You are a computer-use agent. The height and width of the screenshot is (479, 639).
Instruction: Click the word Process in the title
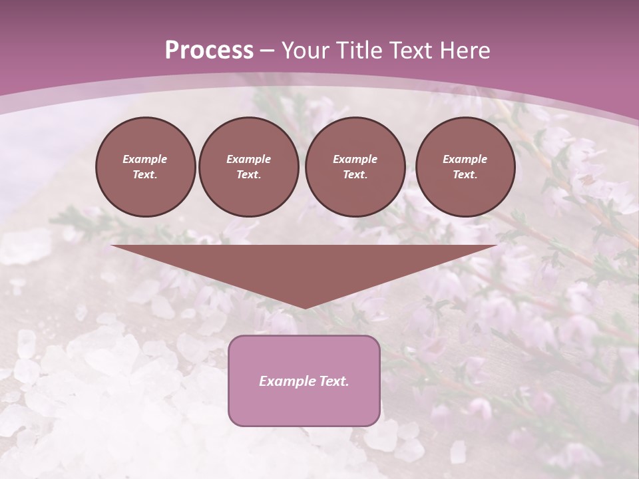coord(209,51)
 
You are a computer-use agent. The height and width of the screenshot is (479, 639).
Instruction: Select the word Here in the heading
coord(465,51)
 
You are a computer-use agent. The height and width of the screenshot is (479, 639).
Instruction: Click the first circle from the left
coord(145,166)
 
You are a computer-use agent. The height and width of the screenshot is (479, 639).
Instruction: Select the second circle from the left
coord(248,166)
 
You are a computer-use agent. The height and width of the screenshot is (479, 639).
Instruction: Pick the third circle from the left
coord(355,166)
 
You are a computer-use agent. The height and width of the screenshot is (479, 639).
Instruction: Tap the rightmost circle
coord(465,166)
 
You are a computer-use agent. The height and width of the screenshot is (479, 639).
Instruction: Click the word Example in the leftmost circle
coord(145,159)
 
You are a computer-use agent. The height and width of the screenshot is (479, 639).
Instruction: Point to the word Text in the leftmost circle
coord(145,175)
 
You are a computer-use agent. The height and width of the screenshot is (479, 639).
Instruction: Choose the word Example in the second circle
coord(248,159)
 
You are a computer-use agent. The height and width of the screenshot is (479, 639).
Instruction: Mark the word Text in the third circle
coord(355,175)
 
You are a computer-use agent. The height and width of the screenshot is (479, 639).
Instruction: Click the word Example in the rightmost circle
coord(465,159)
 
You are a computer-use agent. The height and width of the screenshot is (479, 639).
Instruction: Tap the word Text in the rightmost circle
coord(465,175)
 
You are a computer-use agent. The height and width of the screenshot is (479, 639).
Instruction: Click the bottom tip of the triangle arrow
coord(304,307)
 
